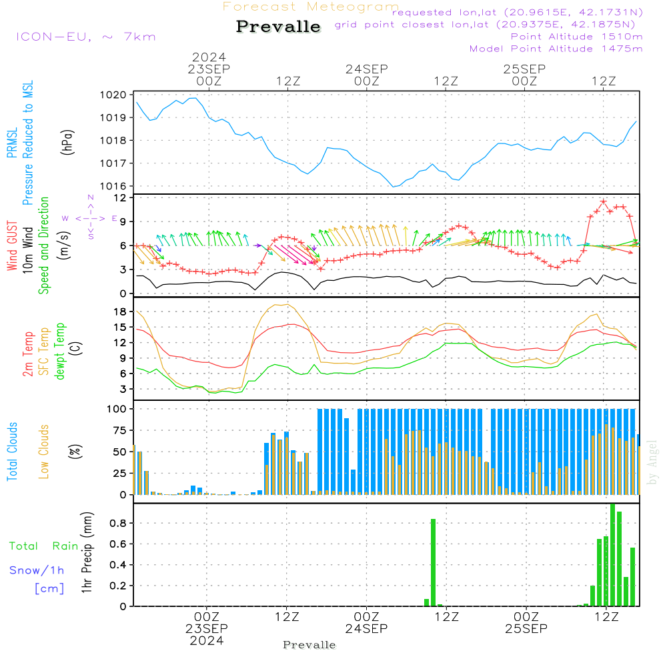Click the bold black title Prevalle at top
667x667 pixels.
(278, 27)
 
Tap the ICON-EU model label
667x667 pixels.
(85, 37)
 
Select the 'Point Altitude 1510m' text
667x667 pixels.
(576, 37)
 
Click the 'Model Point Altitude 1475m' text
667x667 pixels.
(556, 49)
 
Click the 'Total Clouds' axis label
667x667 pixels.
(12, 452)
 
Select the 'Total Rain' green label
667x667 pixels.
(43, 546)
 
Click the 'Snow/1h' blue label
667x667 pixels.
(37, 570)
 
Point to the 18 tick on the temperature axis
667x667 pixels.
(120, 311)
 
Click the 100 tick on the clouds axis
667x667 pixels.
(117, 408)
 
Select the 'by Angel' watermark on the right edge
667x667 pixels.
(652, 462)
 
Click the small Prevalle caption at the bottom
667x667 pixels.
(309, 645)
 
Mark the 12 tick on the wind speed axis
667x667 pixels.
(121, 198)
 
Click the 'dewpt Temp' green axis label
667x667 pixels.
(60, 352)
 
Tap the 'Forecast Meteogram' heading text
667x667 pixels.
(311, 7)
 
